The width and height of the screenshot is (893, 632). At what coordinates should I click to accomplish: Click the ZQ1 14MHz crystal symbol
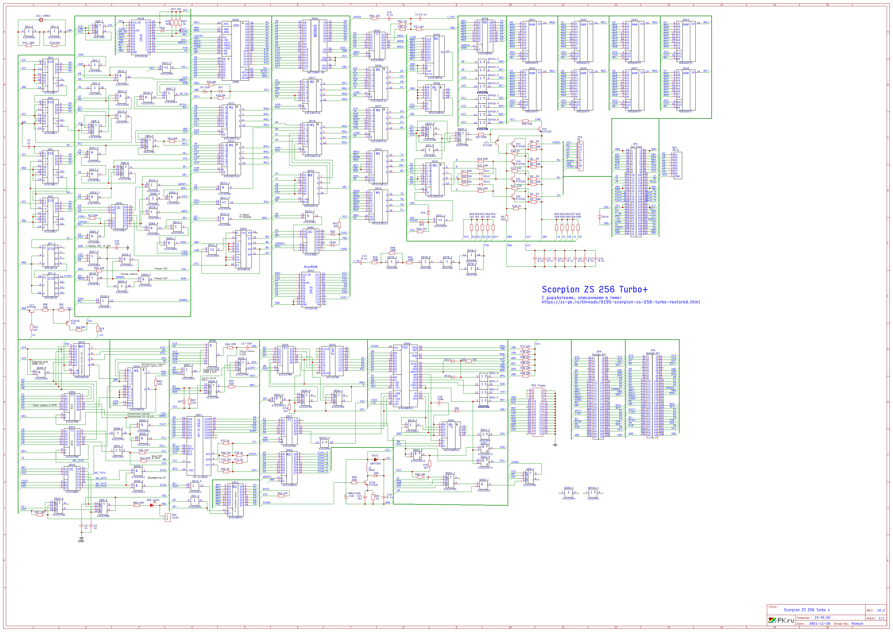click(x=41, y=19)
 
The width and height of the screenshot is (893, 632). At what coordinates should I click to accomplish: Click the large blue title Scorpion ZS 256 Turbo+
click(x=595, y=289)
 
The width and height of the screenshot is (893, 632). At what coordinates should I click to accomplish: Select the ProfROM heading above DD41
click(x=311, y=267)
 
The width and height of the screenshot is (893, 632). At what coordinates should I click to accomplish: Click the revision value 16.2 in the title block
click(x=881, y=610)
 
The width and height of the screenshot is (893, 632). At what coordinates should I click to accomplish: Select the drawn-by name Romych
click(x=857, y=623)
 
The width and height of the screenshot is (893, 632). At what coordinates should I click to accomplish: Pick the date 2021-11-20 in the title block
click(x=819, y=623)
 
